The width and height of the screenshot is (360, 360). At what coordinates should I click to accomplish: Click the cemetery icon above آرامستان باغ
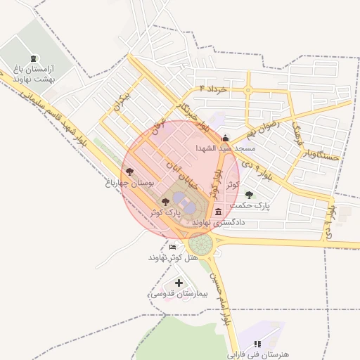[x=36, y=59]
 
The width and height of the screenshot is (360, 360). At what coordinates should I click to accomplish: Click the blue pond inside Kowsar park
[x=179, y=199]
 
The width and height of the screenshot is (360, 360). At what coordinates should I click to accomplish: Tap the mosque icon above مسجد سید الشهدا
[x=225, y=138]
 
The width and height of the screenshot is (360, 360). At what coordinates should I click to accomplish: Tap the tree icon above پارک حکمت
[x=249, y=195]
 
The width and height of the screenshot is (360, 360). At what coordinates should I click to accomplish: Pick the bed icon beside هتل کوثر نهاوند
[x=173, y=247]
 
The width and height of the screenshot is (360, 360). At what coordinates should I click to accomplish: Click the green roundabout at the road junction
[x=200, y=245]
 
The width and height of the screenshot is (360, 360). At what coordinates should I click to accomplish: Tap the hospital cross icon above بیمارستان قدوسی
[x=179, y=283]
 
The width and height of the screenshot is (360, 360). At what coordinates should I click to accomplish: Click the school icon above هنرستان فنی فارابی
[x=257, y=344]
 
